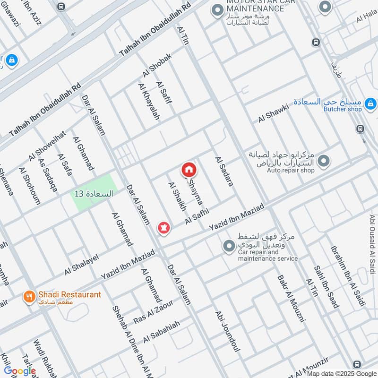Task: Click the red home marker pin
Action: click(189, 169)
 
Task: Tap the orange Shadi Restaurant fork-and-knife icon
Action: click(29, 297)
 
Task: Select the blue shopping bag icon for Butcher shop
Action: click(371, 103)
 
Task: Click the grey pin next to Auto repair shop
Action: click(324, 162)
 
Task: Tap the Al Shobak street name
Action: click(157, 66)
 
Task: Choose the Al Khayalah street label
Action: click(149, 101)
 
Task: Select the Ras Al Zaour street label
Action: click(154, 313)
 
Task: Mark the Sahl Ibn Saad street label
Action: click(326, 287)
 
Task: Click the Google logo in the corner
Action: click(20, 371)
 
